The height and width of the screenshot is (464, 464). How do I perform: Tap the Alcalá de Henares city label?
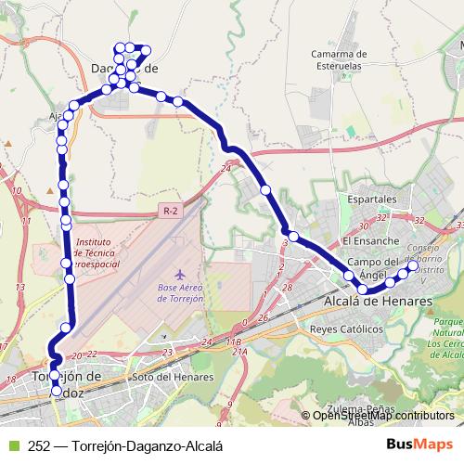(378, 302)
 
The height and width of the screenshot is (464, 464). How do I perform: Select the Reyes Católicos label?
(346, 329)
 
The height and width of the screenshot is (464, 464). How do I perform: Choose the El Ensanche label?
(369, 240)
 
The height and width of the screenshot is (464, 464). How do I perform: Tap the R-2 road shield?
(169, 212)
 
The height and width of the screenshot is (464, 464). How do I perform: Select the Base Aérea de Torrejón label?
(180, 292)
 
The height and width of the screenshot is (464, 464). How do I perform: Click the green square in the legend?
(12, 444)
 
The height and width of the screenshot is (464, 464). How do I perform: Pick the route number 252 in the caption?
(39, 444)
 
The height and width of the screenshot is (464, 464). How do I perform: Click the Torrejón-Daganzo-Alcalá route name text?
(147, 444)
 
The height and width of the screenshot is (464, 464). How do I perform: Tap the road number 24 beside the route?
(226, 168)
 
